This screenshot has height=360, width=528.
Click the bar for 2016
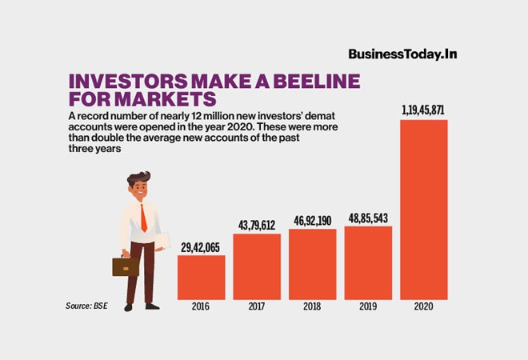coord(201,277)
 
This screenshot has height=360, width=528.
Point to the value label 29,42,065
coord(201,248)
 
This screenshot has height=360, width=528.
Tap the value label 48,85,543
coord(368,218)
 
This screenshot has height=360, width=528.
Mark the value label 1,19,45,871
coord(424,111)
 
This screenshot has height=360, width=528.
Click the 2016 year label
coord(201,306)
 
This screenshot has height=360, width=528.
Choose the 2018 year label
coord(313,306)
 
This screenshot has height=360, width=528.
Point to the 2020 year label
coord(424,306)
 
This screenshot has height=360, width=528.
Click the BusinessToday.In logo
coord(407,54)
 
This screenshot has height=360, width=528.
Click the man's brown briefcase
coord(125,266)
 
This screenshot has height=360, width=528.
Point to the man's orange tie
coord(143,218)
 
